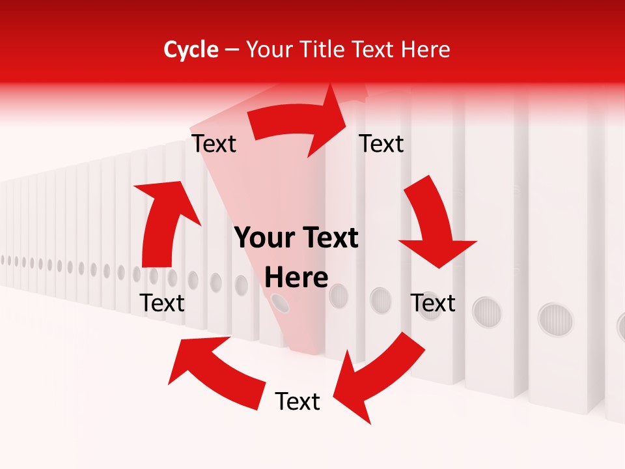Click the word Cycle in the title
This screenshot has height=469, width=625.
tap(191, 50)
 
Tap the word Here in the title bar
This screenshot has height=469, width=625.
tap(426, 50)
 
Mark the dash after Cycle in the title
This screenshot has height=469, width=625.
tap(232, 50)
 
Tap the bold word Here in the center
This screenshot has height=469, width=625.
tap(296, 277)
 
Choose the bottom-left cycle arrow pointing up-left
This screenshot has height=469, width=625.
tap(215, 371)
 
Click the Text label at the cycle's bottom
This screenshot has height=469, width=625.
tap(298, 402)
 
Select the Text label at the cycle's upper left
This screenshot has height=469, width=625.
tap(214, 144)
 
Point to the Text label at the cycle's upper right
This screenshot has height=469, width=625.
tap(382, 144)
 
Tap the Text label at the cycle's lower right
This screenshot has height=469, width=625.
tap(433, 304)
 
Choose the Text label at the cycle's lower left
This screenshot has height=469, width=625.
tap(162, 304)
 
